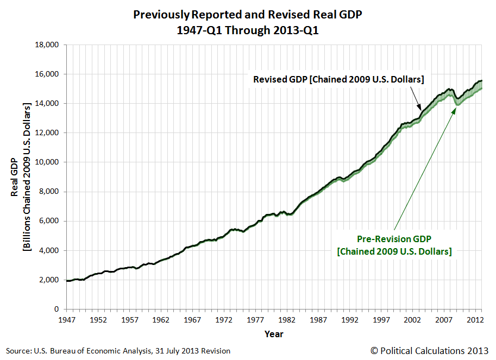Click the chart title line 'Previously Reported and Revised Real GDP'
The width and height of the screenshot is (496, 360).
tap(247, 16)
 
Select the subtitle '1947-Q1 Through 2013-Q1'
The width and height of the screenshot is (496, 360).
tap(247, 30)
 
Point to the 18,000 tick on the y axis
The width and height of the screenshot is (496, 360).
tap(47, 45)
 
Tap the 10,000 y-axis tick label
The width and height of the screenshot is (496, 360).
tap(47, 162)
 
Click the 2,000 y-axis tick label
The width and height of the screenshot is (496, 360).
tap(49, 280)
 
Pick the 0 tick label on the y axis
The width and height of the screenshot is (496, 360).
tap(56, 310)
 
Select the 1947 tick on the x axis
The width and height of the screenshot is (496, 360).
tap(66, 319)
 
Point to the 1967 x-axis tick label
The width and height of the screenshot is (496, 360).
tap(192, 319)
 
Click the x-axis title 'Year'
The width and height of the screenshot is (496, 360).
tap(274, 334)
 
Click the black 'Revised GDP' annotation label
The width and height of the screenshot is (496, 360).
tap(338, 79)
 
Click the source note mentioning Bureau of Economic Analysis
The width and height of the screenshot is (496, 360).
tap(119, 351)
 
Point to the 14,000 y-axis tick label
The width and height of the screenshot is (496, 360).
tap(47, 104)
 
